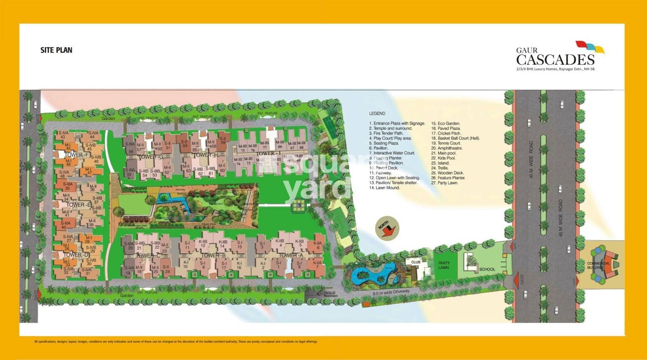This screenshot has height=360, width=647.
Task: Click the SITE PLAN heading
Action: [x=56, y=50]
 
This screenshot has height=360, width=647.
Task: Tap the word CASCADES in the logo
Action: [x=555, y=59]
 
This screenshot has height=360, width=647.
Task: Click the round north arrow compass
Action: [x=387, y=228]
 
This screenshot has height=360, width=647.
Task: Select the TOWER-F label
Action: [x=77, y=155]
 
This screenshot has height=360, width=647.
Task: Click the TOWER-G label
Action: [x=151, y=157]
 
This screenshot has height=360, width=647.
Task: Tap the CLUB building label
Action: [x=415, y=262]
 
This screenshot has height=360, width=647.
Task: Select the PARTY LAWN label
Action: [x=444, y=265]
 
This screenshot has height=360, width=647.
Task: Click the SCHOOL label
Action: [x=487, y=269]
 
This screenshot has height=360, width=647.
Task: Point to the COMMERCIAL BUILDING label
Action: [x=598, y=266]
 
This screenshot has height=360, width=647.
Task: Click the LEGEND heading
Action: [x=377, y=114]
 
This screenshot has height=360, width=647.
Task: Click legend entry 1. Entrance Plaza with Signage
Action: [x=397, y=123]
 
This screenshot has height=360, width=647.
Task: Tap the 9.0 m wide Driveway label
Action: [x=391, y=292]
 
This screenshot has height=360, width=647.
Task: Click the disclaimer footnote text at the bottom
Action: [x=176, y=341]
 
